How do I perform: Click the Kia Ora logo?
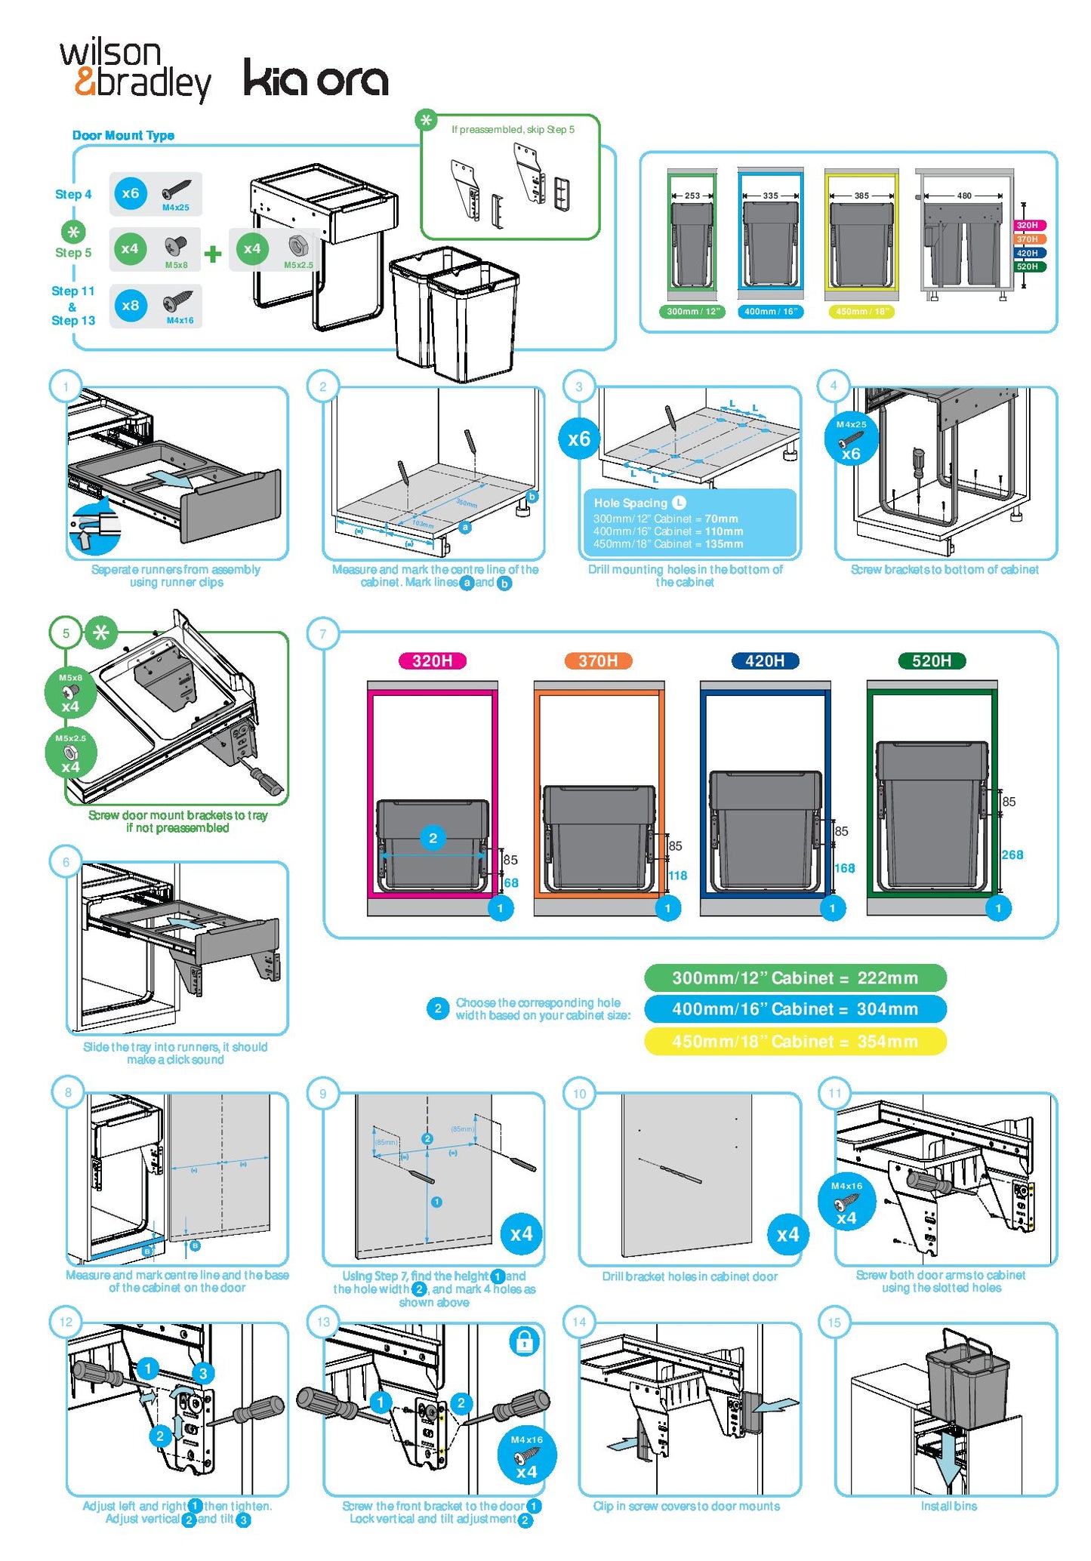316,79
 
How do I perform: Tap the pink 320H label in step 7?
432,661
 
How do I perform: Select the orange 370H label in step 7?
599,661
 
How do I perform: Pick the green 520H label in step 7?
931,661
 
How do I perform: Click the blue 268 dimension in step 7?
1012,854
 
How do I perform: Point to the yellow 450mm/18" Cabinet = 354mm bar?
794,1042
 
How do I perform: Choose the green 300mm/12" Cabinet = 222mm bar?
794,978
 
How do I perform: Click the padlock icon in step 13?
524,1341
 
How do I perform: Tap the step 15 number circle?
834,1322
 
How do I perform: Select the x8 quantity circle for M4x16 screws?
131,305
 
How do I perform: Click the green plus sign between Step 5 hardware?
213,253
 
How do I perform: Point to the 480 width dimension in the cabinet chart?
964,196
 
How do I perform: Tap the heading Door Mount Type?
123,135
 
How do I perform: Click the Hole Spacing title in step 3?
630,503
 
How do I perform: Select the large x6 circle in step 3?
579,439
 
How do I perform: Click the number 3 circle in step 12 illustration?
202,1373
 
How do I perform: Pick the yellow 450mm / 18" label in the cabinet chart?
861,311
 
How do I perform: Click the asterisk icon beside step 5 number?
101,633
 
